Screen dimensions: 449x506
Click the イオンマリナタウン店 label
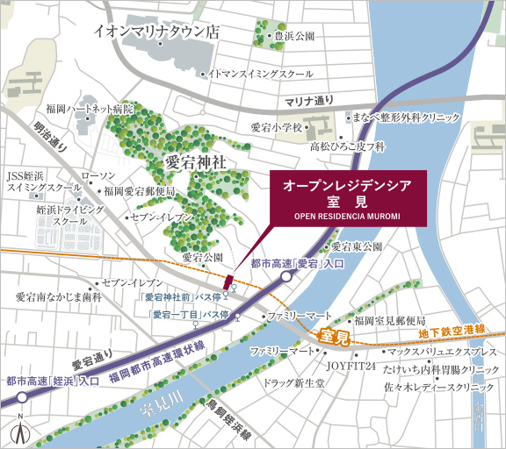click(157, 32)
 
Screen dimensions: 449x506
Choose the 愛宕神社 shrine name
click(194, 162)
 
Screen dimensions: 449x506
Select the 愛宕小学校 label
click(276, 128)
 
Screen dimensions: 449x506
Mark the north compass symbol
click(20, 431)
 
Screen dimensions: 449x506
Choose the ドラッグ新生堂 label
click(296, 383)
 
